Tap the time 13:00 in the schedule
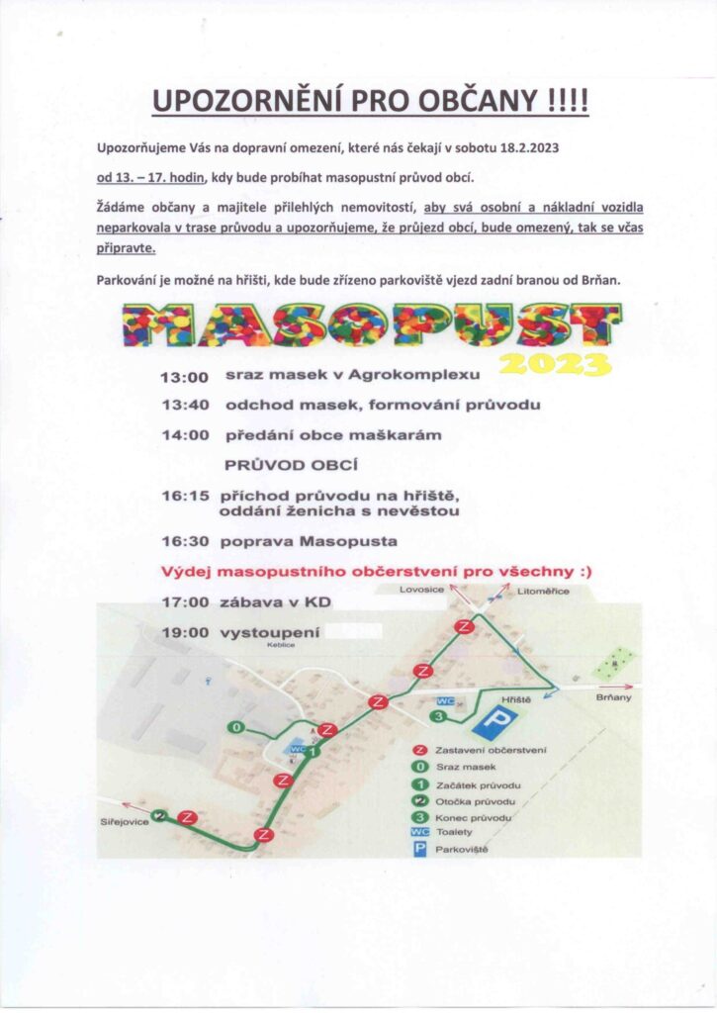184,377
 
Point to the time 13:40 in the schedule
184,406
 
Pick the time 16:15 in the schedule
184,494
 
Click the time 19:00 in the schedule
184,631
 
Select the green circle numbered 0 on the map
235,728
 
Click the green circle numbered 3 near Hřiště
438,716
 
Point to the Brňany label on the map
613,697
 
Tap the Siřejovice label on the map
123,822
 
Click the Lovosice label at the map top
416,591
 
